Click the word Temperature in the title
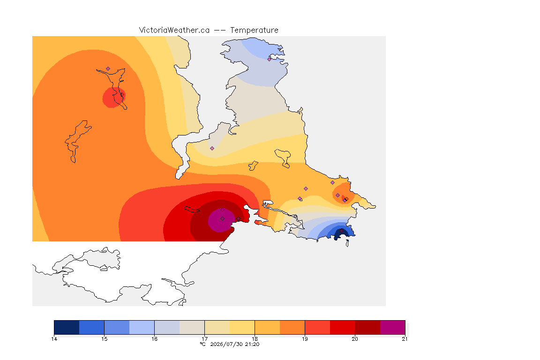point(254,30)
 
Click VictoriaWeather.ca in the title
point(174,30)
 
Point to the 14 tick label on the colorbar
point(54,339)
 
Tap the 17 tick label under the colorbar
point(204,339)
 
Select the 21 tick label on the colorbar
point(405,339)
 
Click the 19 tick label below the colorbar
point(305,339)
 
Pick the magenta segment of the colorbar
point(393,327)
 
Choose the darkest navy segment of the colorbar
point(67,327)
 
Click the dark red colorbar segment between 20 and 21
point(367,327)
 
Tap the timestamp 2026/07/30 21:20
point(234,344)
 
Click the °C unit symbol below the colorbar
point(203,344)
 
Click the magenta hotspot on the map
point(221,220)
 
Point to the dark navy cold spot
point(340,233)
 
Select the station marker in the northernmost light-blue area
point(270,59)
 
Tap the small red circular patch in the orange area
point(113,97)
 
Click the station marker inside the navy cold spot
point(341,231)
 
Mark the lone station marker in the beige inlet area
point(212,149)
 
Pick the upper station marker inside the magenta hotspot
point(223,210)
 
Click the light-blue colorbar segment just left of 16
point(142,327)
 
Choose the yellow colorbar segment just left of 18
point(242,327)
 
